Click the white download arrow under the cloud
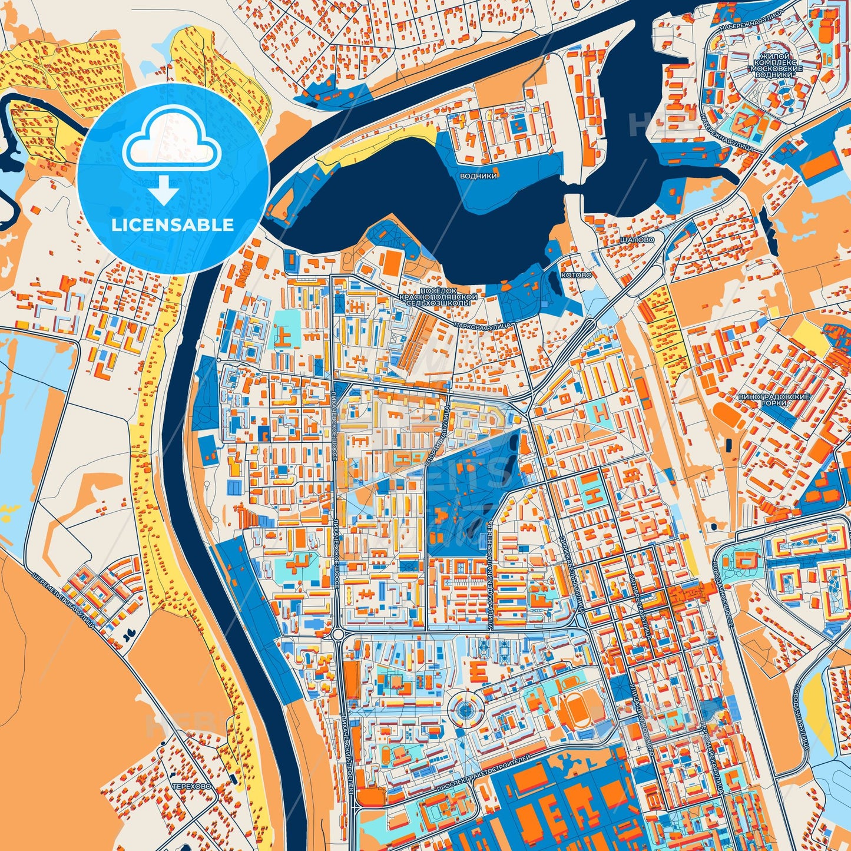click(164, 190)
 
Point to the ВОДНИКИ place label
click(478, 176)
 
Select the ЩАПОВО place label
click(637, 240)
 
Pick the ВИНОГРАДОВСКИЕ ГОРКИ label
click(774, 400)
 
